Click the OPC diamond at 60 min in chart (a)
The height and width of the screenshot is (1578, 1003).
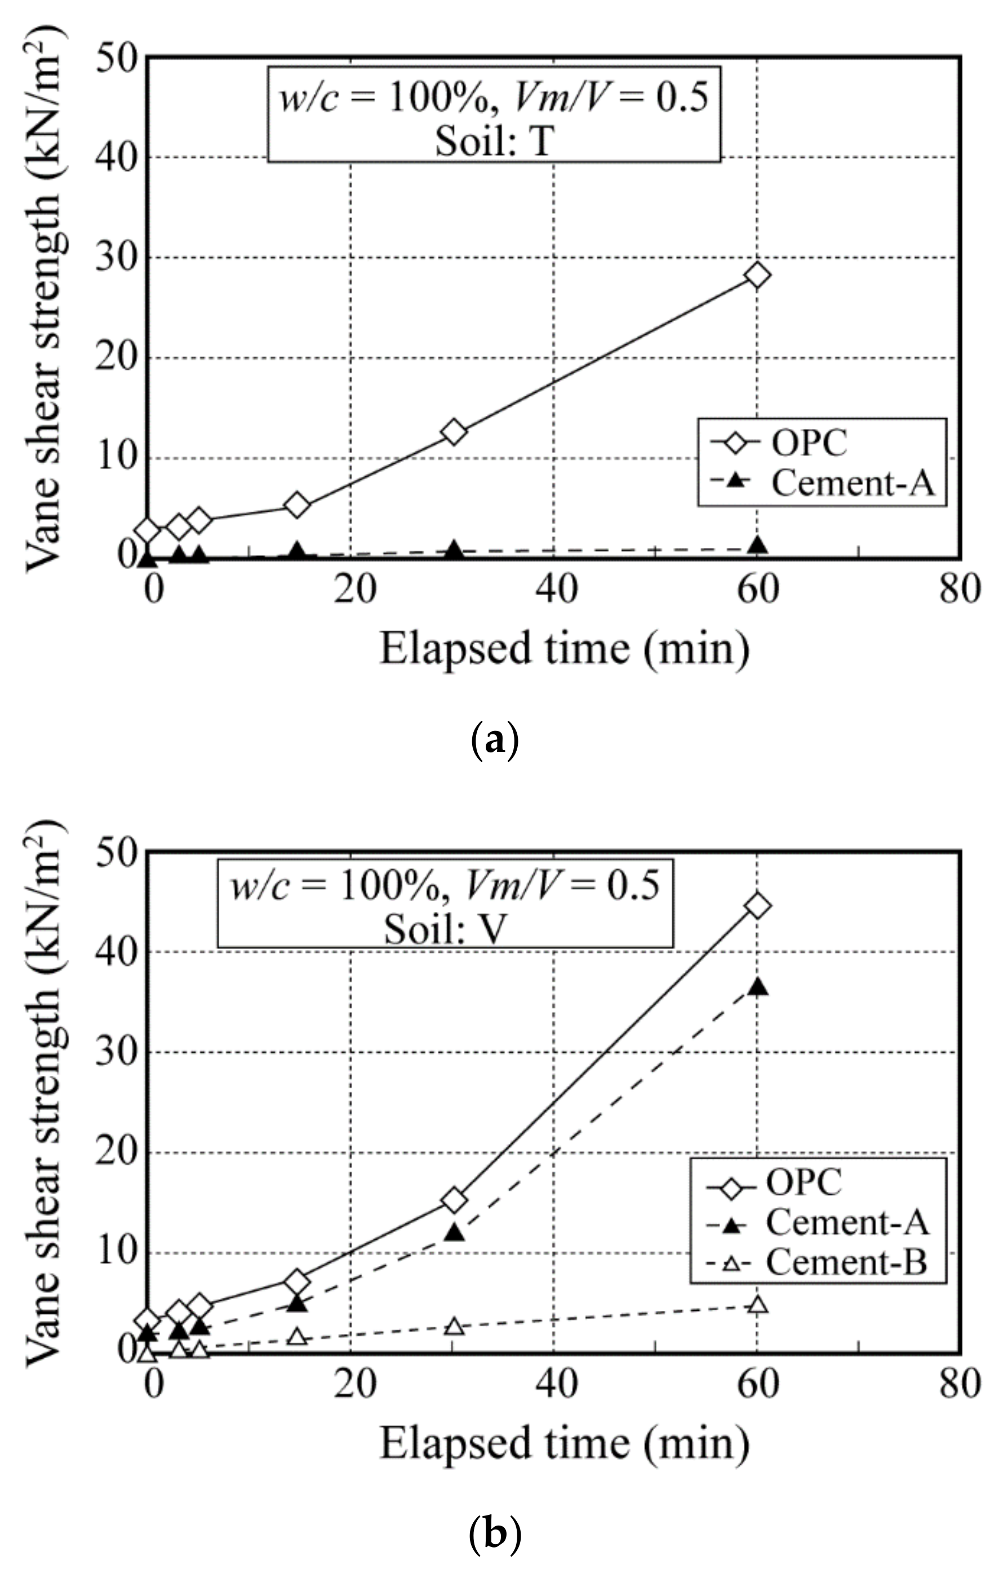coord(757,274)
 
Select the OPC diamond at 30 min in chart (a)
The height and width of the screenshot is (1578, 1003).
coord(454,432)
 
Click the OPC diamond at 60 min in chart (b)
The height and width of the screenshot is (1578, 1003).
coord(757,906)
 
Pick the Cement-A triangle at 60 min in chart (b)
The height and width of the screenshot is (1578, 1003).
coord(757,987)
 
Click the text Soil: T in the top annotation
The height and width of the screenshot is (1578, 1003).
coord(494,140)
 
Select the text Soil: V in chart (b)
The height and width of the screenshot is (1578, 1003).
coord(446,929)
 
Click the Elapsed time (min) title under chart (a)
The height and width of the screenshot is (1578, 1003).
coord(564,649)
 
